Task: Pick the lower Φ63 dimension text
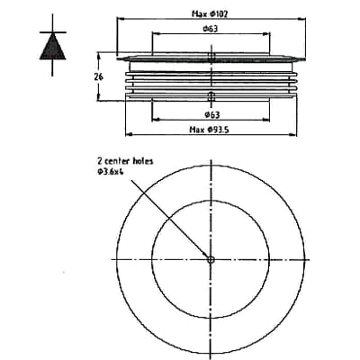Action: click(x=212, y=116)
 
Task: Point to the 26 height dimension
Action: click(x=100, y=77)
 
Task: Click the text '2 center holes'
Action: click(x=126, y=161)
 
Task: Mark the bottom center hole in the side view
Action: click(x=211, y=95)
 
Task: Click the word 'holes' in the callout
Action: click(x=141, y=161)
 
